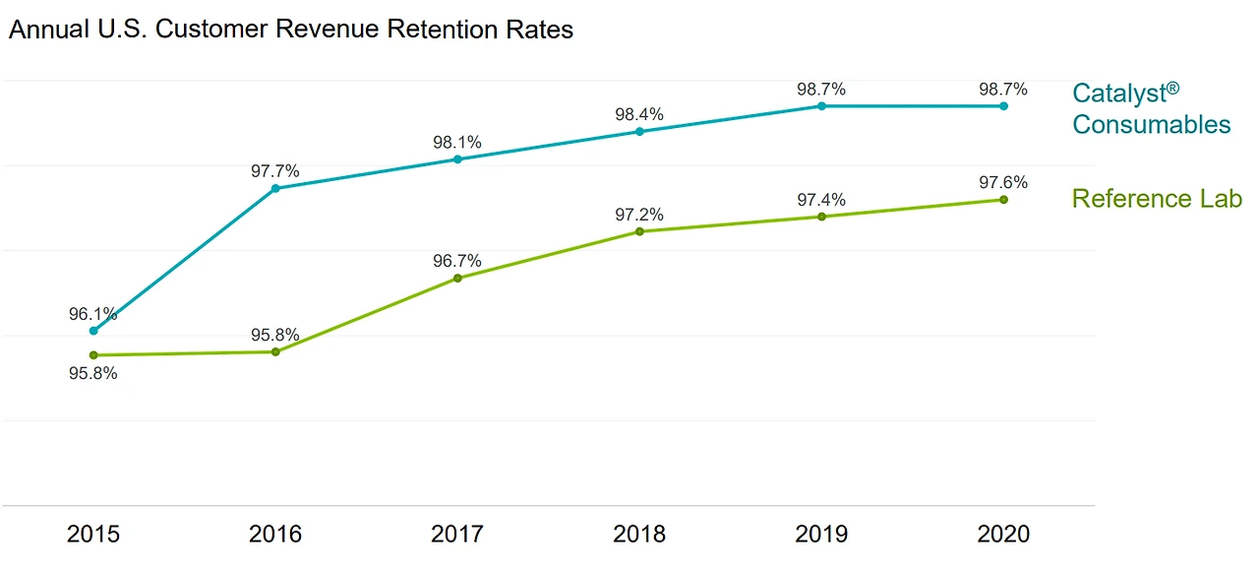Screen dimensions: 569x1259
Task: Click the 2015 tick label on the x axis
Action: pos(93,535)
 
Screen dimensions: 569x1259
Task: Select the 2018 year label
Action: pos(639,535)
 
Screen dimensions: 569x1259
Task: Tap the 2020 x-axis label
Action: pos(1003,535)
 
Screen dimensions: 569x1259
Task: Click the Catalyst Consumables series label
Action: pos(1151,109)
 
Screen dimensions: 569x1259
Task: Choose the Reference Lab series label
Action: pos(1157,199)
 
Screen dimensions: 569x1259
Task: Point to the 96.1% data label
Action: pos(93,315)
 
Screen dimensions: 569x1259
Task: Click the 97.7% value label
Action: pos(275,171)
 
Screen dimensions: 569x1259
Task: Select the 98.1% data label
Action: pos(457,143)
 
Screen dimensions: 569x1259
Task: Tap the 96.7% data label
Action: pos(457,261)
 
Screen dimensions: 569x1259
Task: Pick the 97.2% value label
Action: pos(639,215)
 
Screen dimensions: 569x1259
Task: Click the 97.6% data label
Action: pos(1003,182)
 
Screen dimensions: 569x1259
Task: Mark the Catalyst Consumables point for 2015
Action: pos(93,331)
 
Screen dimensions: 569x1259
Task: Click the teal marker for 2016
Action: pos(275,188)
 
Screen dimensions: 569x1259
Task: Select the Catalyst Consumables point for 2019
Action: pos(821,105)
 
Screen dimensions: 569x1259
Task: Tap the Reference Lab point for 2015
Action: pos(93,354)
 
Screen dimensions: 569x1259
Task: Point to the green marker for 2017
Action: pos(457,278)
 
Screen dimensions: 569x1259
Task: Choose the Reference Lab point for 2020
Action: pos(1003,199)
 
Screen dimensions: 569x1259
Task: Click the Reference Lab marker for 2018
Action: pos(639,231)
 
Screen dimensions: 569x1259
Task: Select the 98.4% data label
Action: pos(639,114)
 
